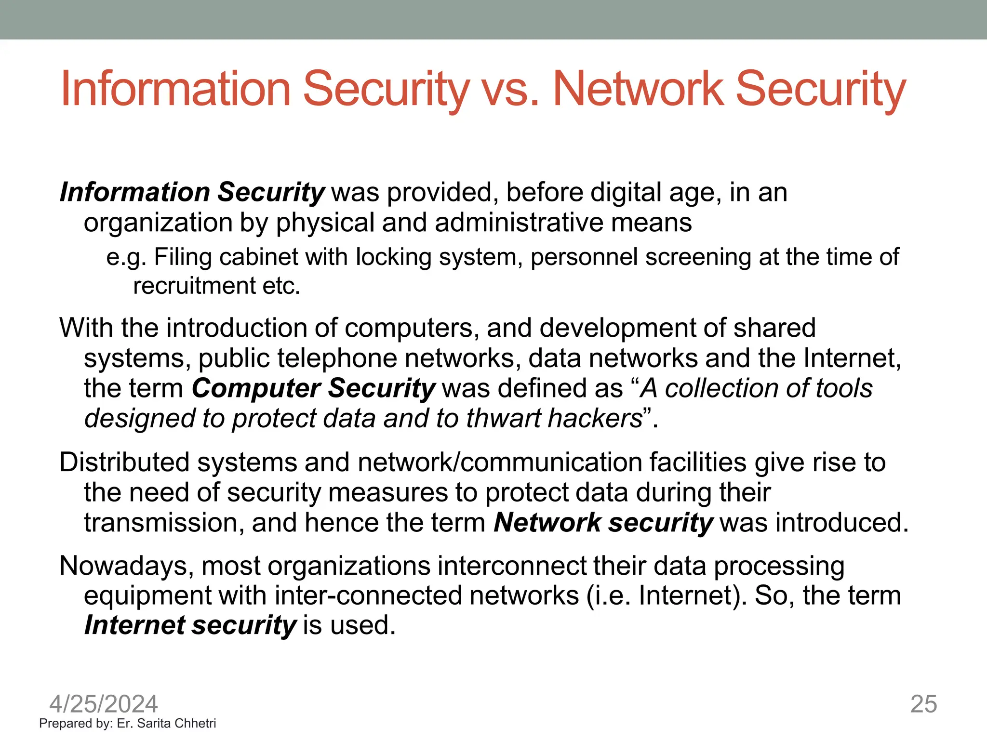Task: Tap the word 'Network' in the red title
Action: tap(638, 89)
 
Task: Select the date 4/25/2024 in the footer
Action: tap(104, 704)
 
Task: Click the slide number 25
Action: tap(923, 704)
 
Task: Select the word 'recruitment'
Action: tap(194, 286)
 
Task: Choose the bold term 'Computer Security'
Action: tap(314, 388)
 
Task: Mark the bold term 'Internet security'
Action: tap(190, 625)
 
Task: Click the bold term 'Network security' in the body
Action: tap(603, 523)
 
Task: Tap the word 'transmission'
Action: tap(164, 523)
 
